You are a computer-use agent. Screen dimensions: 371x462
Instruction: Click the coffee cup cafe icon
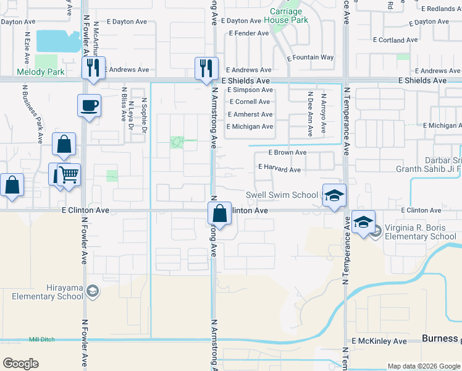tap(89, 104)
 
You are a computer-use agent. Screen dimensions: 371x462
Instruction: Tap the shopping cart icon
tap(69, 174)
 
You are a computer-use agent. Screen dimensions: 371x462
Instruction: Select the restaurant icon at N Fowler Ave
tap(93, 67)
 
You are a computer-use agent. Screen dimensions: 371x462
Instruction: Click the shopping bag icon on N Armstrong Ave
tap(219, 213)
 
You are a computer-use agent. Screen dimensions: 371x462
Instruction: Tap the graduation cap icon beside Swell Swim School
tap(334, 195)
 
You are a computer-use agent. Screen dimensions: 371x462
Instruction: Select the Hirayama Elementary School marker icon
tap(92, 291)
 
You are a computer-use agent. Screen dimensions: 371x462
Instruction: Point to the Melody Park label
tap(41, 72)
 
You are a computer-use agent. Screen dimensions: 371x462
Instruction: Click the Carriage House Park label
tap(286, 16)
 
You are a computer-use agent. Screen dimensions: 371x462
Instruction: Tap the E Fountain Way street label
tap(311, 58)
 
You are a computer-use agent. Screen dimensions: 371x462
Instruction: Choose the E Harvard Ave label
tap(279, 168)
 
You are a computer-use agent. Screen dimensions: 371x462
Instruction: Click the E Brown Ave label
tap(287, 152)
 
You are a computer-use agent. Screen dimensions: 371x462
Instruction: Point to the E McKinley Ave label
tap(379, 341)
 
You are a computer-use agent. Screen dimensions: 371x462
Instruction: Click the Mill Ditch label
tap(42, 339)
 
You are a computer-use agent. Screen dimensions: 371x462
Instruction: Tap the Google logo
tap(20, 364)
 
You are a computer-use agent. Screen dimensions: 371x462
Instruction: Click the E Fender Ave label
tap(248, 33)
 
